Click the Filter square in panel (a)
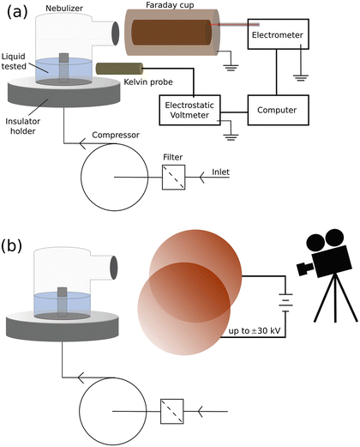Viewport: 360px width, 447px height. tap(174, 178)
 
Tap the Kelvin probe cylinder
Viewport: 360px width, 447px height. tap(116, 68)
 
